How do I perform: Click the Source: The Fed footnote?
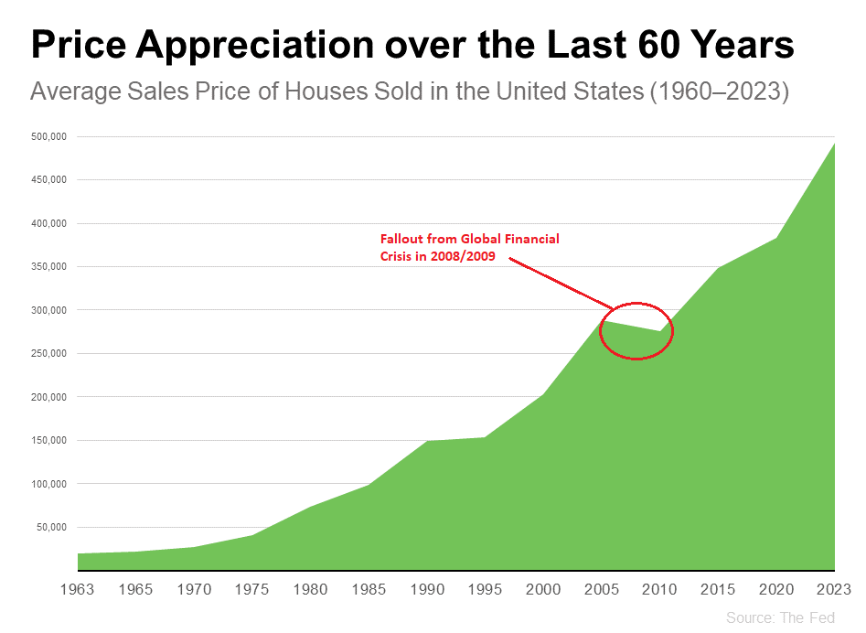tap(780, 618)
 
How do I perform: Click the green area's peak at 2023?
tap(833, 143)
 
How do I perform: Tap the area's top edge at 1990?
tap(427, 441)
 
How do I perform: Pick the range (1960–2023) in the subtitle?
tap(720, 92)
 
